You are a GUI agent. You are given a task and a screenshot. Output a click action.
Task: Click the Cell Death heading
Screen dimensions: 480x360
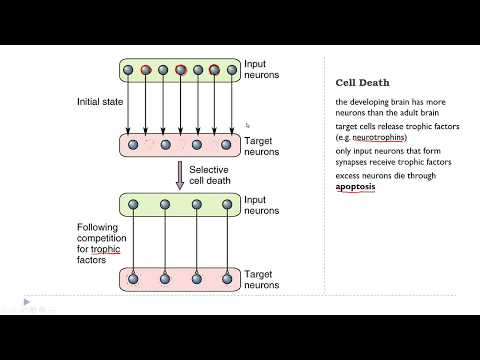click(361, 84)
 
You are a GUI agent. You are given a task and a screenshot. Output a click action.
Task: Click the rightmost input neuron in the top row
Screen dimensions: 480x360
click(231, 71)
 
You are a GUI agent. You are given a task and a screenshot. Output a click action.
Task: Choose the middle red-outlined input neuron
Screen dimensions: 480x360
click(181, 71)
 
